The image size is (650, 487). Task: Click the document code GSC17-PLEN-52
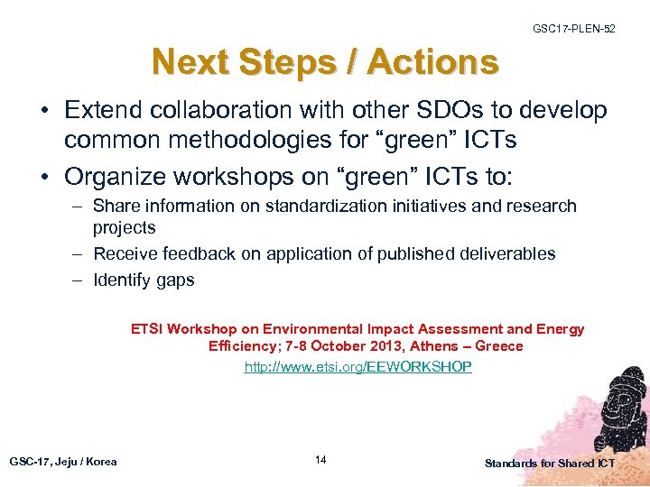(x=573, y=30)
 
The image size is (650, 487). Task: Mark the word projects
(x=125, y=228)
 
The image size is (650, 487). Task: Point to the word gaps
(x=175, y=280)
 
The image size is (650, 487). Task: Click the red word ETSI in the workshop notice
(x=148, y=329)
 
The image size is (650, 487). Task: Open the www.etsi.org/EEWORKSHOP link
(x=357, y=367)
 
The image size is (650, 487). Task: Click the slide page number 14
(x=320, y=461)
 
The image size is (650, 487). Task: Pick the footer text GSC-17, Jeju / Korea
(x=63, y=462)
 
